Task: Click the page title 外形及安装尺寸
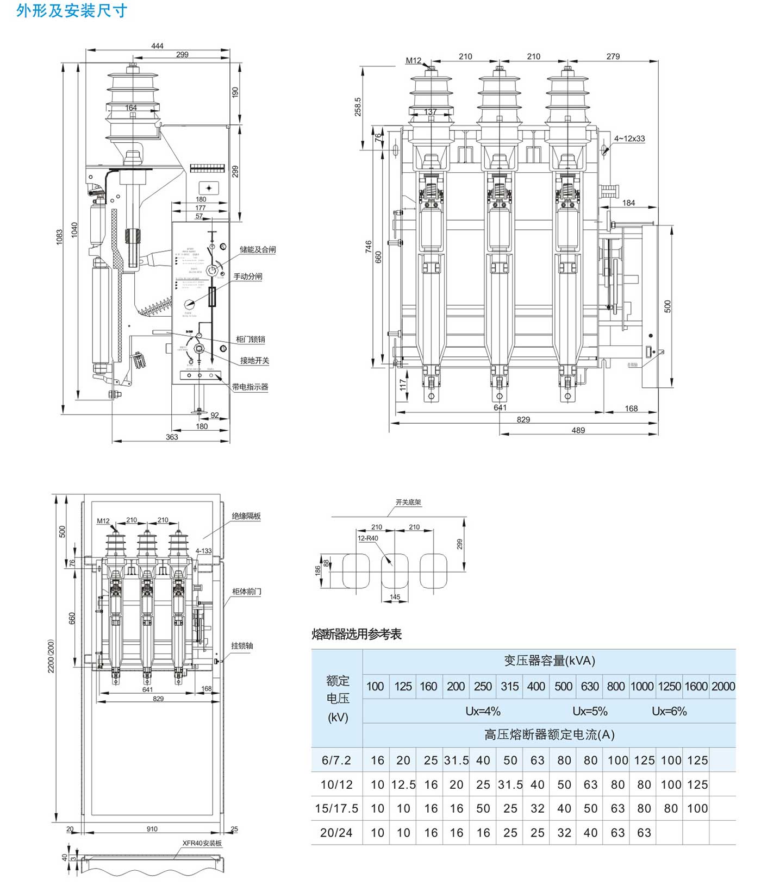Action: [x=72, y=11]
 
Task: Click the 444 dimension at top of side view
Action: [x=157, y=46]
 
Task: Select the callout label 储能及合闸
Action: [x=257, y=249]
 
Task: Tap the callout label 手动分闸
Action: [x=247, y=277]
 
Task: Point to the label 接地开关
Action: [x=254, y=360]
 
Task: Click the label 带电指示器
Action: [x=250, y=387]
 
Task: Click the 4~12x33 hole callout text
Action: [x=629, y=139]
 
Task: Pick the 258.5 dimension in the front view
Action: [x=358, y=107]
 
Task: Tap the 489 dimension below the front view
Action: [x=578, y=430]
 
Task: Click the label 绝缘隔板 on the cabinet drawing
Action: [x=246, y=516]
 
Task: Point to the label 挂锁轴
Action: [x=242, y=645]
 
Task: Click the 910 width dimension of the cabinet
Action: [x=152, y=829]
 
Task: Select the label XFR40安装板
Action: [x=202, y=843]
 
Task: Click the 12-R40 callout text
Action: [x=368, y=538]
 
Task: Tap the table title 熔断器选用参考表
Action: [x=357, y=634]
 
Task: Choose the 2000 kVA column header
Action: [x=722, y=686]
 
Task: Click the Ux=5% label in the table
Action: [x=590, y=711]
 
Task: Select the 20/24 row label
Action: [x=336, y=833]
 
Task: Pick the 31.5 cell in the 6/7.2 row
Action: [x=456, y=761]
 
